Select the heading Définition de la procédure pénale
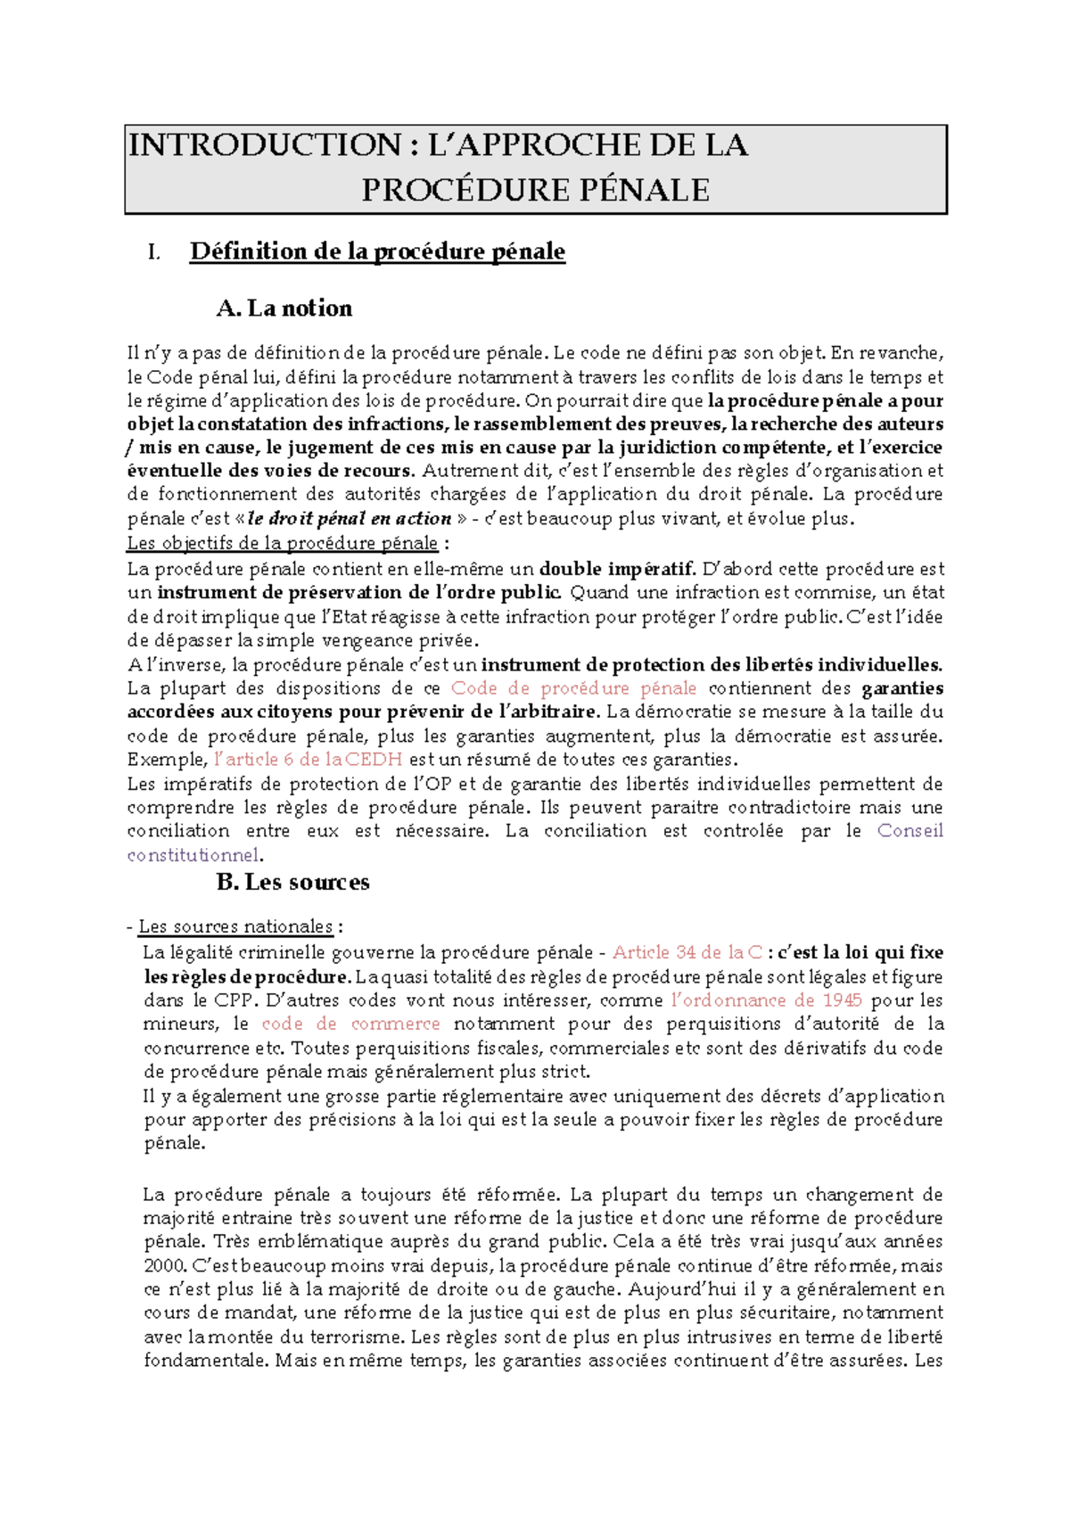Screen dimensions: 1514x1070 [377, 251]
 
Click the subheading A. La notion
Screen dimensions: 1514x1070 [284, 309]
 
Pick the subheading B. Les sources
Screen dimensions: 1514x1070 [292, 883]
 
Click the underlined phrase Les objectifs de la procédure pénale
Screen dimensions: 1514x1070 [283, 543]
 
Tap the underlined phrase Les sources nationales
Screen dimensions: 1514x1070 [235, 926]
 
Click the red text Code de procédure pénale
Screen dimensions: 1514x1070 [573, 688]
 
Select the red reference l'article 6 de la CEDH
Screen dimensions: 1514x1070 [309, 760]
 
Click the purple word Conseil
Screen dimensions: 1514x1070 [909, 831]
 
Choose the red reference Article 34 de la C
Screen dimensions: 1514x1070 [687, 952]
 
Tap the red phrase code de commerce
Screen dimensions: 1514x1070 [350, 1024]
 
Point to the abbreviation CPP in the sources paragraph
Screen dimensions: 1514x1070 [235, 1000]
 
